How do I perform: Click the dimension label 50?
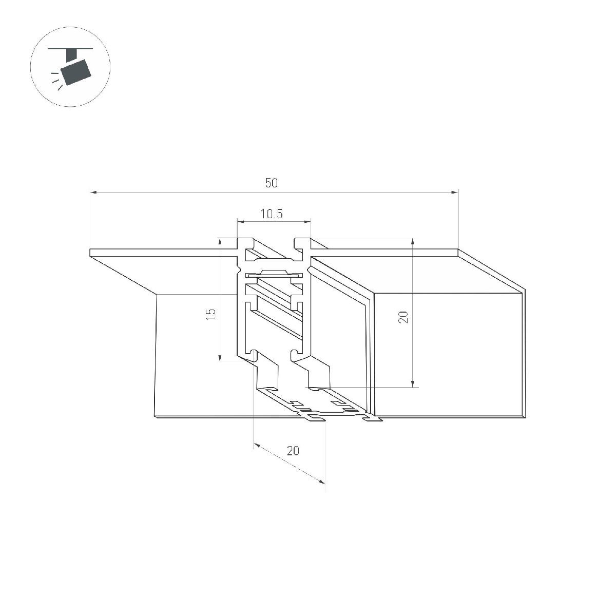(x=272, y=183)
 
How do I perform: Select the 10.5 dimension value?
(x=272, y=214)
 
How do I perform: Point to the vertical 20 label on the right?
(x=404, y=317)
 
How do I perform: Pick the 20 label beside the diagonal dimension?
(x=293, y=451)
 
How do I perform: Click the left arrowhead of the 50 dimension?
(x=93, y=192)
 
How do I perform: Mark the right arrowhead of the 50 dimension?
(x=455, y=192)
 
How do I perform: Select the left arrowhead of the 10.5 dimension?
(x=240, y=221)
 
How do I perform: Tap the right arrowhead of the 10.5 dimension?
(x=307, y=221)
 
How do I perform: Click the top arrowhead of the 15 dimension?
(x=220, y=241)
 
